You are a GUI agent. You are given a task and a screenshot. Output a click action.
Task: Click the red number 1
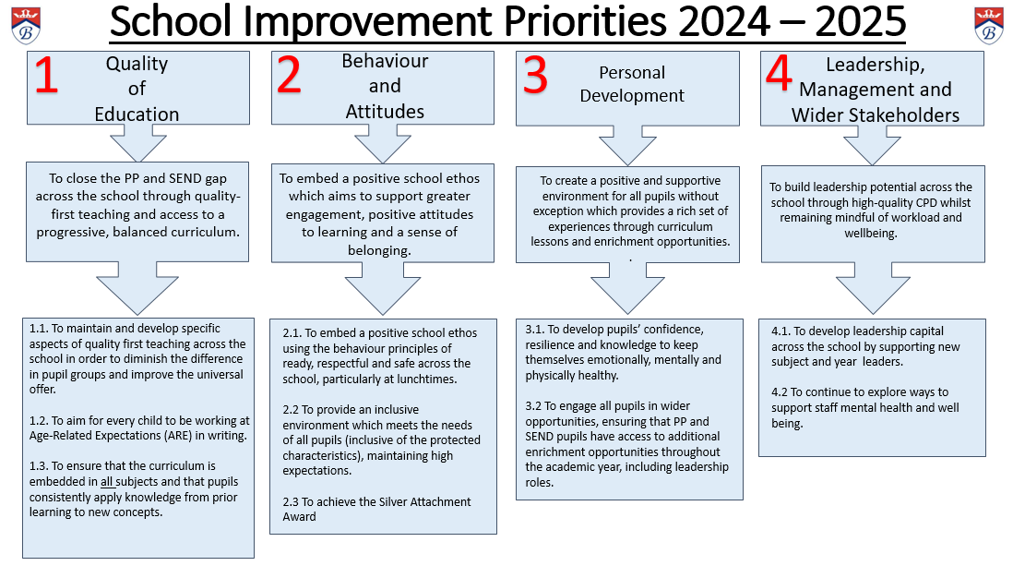(x=46, y=76)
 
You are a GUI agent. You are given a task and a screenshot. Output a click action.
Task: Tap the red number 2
(x=289, y=75)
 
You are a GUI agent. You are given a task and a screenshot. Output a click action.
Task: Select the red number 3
(x=535, y=75)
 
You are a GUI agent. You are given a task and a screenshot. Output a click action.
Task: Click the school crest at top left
(x=26, y=25)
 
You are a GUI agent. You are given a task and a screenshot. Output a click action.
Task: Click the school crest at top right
(x=988, y=25)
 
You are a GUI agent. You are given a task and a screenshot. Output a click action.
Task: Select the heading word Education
(x=137, y=114)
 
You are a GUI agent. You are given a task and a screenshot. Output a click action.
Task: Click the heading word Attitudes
(x=385, y=111)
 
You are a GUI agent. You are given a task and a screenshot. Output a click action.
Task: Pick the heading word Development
(x=632, y=96)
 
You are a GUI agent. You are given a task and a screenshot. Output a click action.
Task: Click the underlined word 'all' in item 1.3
(x=107, y=482)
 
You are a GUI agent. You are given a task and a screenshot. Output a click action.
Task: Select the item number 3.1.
(x=534, y=330)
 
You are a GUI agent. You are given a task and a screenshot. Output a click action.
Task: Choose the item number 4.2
(x=780, y=392)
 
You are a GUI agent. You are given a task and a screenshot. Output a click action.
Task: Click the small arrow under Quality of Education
(x=138, y=141)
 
